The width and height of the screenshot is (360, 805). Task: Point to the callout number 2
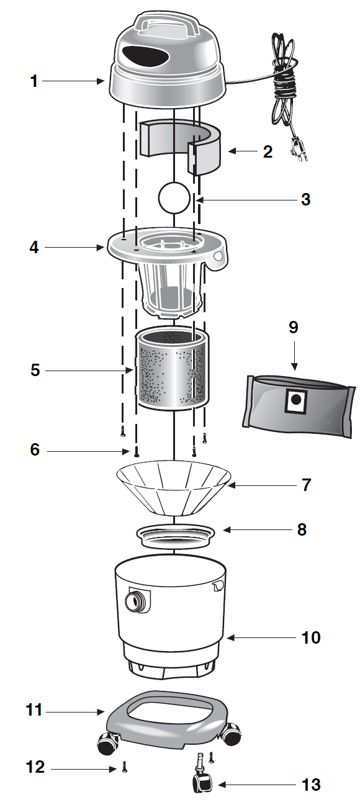pyautogui.click(x=268, y=151)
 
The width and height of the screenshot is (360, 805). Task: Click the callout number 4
pyautogui.click(x=34, y=247)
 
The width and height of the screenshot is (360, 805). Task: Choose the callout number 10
pyautogui.click(x=311, y=637)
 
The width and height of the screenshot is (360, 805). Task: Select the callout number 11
pyautogui.click(x=34, y=709)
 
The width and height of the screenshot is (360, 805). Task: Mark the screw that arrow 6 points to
pyautogui.click(x=136, y=451)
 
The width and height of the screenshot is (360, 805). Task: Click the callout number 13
pyautogui.click(x=310, y=785)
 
